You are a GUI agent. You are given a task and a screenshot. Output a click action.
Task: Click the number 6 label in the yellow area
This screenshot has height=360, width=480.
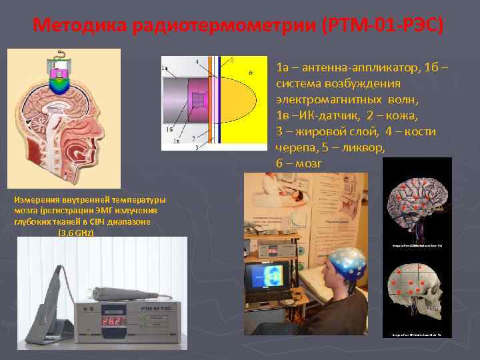[x=251, y=72]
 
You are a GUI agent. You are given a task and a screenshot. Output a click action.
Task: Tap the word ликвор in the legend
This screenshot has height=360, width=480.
[x=360, y=147]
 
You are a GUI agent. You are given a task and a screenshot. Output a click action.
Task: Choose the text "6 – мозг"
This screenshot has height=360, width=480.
[x=299, y=163]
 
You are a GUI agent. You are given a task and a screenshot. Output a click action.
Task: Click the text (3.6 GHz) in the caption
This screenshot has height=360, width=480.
[x=76, y=233]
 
